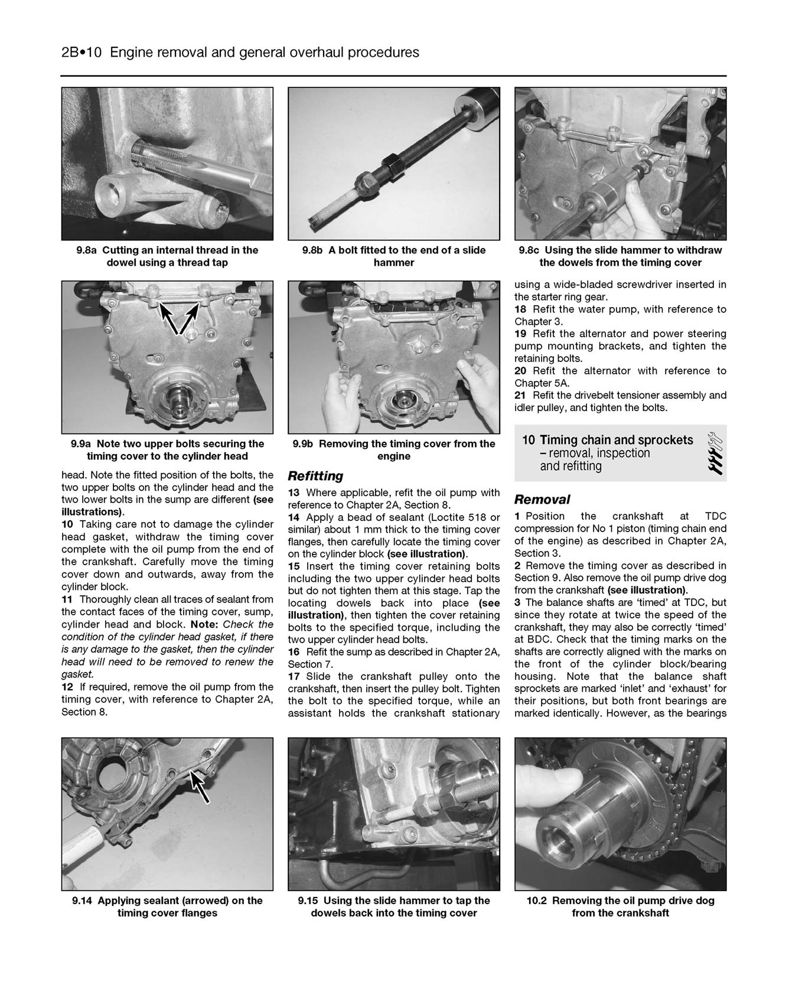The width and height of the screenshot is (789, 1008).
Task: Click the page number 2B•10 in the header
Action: pyautogui.click(x=82, y=53)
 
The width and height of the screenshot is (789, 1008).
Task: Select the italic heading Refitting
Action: pyautogui.click(x=315, y=476)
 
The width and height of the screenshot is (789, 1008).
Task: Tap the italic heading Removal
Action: pyautogui.click(x=542, y=500)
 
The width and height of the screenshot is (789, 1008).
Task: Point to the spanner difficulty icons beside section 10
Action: pyautogui.click(x=713, y=454)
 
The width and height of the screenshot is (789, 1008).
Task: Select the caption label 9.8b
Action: pyautogui.click(x=313, y=250)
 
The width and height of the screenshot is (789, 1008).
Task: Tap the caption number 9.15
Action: pyautogui.click(x=309, y=901)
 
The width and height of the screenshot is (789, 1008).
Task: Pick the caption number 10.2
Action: pyautogui.click(x=537, y=901)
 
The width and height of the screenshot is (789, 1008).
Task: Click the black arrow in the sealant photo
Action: pyautogui.click(x=200, y=787)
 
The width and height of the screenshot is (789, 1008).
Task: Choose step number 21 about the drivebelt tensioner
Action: pyautogui.click(x=520, y=395)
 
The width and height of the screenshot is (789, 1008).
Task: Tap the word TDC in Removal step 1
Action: pyautogui.click(x=715, y=516)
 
